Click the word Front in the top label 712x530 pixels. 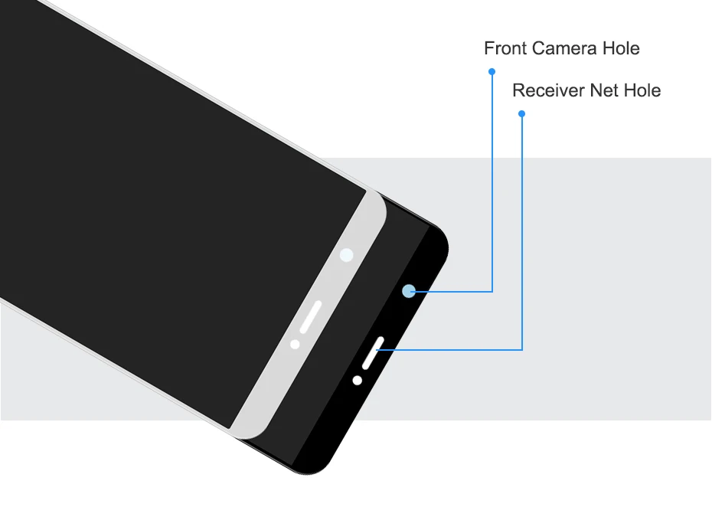(x=505, y=48)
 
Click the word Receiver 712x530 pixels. (x=548, y=90)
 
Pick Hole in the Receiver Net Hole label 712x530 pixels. (x=642, y=90)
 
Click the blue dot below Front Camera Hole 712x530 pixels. (x=492, y=71)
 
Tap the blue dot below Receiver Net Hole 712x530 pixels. (x=521, y=113)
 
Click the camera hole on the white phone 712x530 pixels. (x=347, y=255)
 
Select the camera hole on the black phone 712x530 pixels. (x=408, y=291)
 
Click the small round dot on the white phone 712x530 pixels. (x=295, y=344)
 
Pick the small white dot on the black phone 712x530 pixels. (x=357, y=380)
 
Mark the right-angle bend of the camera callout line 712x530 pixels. (x=492, y=291)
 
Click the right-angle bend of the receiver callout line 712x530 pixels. (x=521, y=350)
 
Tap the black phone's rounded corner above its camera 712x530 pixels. (x=439, y=234)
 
